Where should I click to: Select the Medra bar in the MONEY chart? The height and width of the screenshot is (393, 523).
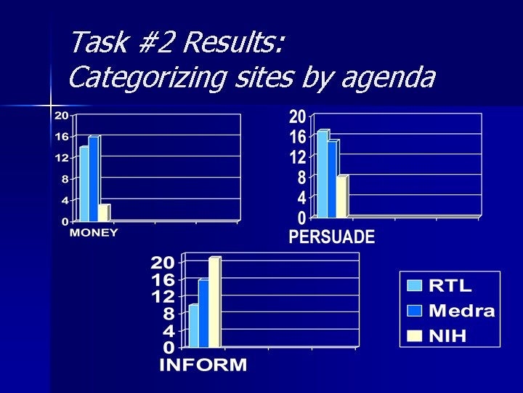tap(93, 178)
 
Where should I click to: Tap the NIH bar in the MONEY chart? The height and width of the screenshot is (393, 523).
tap(103, 213)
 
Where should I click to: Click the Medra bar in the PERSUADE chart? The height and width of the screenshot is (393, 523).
tap(332, 179)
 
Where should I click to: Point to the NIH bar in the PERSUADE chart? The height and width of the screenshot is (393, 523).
tap(341, 196)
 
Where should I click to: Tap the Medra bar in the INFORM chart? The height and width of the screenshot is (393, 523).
tap(203, 314)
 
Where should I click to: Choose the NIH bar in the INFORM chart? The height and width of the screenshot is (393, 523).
tap(214, 303)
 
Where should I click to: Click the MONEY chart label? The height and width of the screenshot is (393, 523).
tap(94, 233)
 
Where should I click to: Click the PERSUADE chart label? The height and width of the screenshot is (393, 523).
tap(332, 237)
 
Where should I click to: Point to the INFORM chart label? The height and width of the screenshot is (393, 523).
tap(203, 365)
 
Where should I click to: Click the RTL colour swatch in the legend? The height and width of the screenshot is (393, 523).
tap(415, 286)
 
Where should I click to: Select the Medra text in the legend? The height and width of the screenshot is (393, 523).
tap(462, 311)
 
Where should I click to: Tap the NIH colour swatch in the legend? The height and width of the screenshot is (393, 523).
tap(415, 335)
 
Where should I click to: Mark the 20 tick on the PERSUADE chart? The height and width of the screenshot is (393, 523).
tap(298, 117)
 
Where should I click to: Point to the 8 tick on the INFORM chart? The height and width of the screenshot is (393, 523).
tap(167, 314)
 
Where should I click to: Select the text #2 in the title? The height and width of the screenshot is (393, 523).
tap(154, 43)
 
